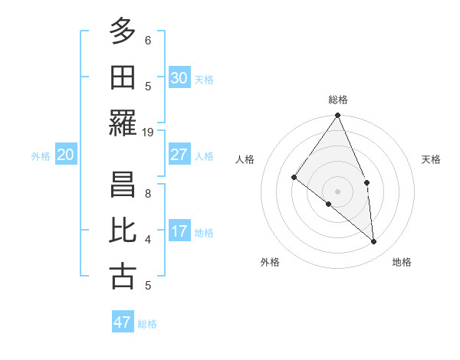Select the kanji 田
point(123,77)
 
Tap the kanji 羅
point(123,124)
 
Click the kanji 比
point(123,231)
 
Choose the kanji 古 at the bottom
point(123,277)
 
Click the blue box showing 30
point(179,77)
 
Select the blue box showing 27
point(179,155)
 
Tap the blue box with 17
point(179,231)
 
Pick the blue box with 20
point(65,155)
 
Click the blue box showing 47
point(123,322)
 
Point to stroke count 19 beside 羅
point(148,132)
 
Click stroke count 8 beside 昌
point(148,193)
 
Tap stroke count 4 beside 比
point(148,239)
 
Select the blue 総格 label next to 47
point(147,324)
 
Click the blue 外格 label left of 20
point(41,156)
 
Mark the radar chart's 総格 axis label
point(338,100)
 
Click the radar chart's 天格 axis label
point(432,159)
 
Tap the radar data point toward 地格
point(374,241)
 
